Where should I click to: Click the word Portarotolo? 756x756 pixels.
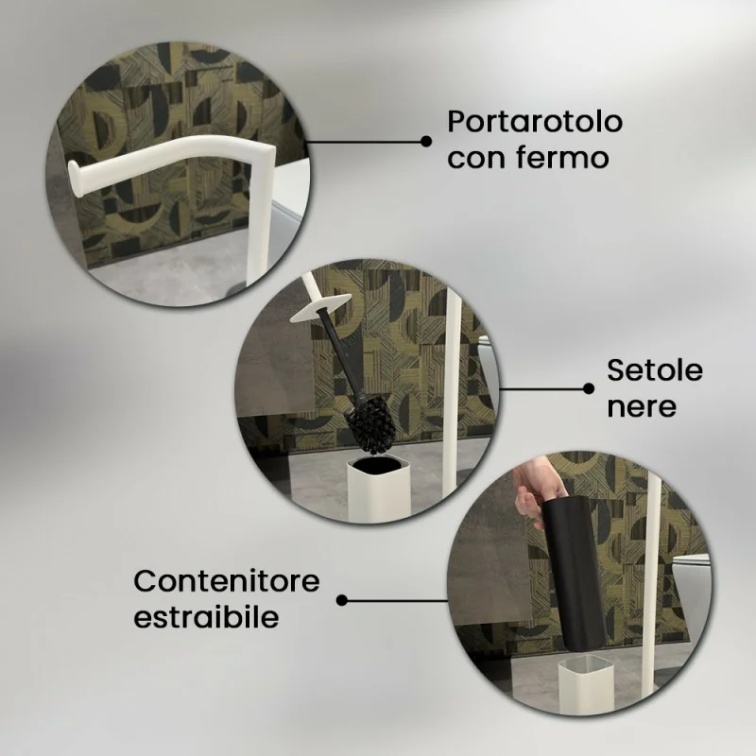(x=535, y=122)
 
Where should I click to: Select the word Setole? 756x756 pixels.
(x=655, y=370)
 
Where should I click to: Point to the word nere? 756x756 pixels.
(x=642, y=406)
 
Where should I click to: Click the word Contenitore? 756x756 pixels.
(x=227, y=581)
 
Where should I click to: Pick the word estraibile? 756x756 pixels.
(x=206, y=616)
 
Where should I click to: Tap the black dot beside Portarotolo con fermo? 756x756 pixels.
(x=426, y=141)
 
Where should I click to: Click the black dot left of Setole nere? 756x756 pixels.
(x=589, y=388)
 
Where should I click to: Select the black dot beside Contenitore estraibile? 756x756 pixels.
(x=342, y=600)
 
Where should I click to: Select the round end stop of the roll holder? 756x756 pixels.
(x=75, y=179)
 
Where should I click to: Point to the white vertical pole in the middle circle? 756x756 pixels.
(x=454, y=386)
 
